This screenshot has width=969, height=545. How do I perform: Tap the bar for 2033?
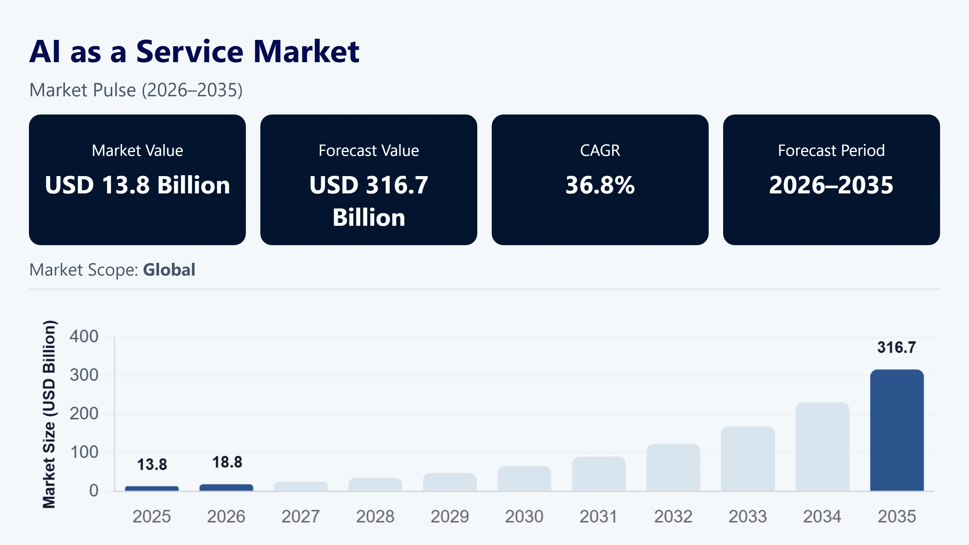(x=748, y=459)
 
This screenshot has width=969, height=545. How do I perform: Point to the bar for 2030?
(x=524, y=479)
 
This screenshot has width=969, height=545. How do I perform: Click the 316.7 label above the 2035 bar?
(x=897, y=347)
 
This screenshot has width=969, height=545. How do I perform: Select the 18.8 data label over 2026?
(x=227, y=462)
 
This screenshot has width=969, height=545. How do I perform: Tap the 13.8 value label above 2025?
(x=152, y=465)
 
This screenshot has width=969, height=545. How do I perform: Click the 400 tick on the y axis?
(x=84, y=336)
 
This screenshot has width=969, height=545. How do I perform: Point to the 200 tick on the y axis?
(x=84, y=414)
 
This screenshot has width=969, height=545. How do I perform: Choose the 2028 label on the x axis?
(x=375, y=516)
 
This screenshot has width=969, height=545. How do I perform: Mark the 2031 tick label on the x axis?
(x=598, y=516)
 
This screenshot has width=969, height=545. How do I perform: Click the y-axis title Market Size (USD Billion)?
(x=49, y=414)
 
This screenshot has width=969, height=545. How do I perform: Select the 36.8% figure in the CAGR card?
(x=600, y=185)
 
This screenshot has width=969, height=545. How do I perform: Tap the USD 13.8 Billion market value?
(x=137, y=185)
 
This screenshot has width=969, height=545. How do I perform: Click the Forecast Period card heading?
(x=831, y=150)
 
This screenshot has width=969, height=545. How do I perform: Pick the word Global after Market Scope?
(x=169, y=270)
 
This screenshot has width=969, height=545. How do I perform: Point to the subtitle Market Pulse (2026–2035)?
(x=136, y=90)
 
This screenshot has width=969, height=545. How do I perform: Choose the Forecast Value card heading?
(x=369, y=150)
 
